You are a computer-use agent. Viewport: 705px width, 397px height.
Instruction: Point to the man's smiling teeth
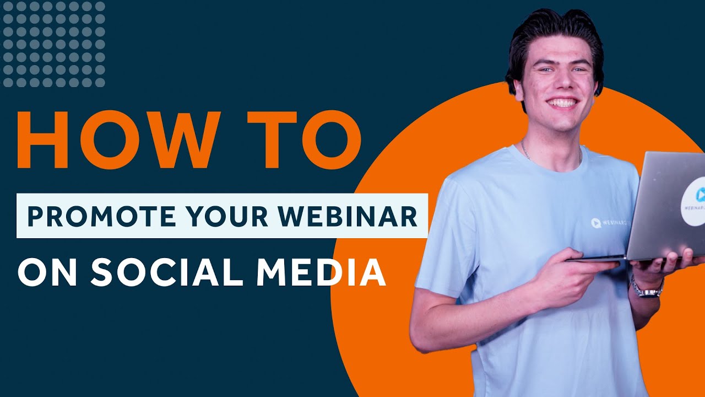[x=562, y=103]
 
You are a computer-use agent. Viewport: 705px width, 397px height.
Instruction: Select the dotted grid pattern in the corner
[x=53, y=44]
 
